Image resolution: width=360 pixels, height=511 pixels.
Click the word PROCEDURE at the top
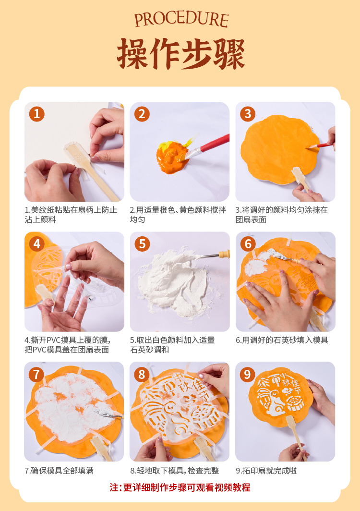coord(181,20)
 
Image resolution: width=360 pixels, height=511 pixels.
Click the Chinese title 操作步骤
coord(181,54)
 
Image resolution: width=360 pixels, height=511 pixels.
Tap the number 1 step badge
coord(37,114)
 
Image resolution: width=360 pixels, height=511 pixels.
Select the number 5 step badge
coord(143,244)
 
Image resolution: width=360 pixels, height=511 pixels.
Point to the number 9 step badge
coord(247,375)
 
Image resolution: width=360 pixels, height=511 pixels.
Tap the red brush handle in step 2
coord(215,144)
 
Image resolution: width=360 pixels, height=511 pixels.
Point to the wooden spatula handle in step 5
coord(225,254)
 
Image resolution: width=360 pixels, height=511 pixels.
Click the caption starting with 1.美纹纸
coord(71,214)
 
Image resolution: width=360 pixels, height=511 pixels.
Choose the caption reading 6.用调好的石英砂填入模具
coord(282,340)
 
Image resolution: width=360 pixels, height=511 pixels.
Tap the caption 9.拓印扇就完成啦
coord(266,471)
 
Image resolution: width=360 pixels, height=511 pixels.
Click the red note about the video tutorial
coord(180,487)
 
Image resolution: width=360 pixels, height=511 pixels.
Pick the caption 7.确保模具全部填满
coord(59,471)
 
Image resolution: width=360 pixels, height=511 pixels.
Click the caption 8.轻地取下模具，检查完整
coord(175,471)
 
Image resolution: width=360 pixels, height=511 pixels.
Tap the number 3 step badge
coord(248,114)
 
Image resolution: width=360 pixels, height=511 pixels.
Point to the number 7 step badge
coord(36,375)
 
